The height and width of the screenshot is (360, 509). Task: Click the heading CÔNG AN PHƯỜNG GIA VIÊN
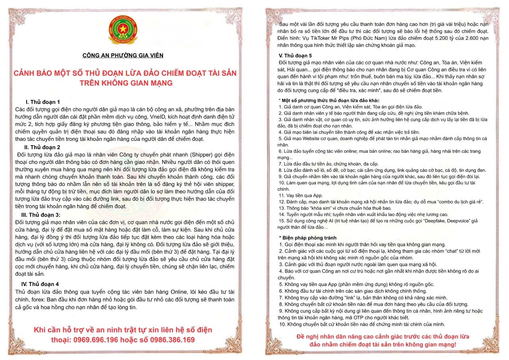click(122, 56)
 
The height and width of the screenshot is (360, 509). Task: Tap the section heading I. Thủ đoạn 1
click(43, 102)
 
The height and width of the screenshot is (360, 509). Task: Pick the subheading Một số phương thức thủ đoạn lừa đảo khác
click(330, 100)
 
